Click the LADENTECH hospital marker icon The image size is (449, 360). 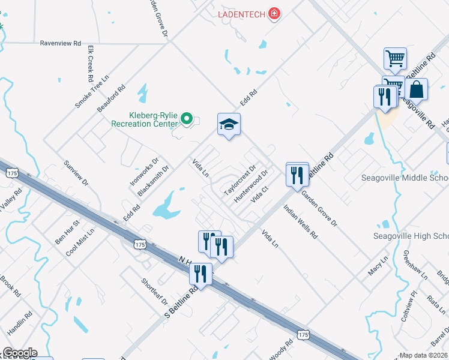pos(274,13)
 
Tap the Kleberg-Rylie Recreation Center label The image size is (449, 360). pos(145,119)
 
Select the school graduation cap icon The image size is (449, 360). pos(229,125)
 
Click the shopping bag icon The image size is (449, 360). pos(416,90)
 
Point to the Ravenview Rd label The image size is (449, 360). pos(60,43)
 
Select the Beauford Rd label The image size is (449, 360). pos(111,98)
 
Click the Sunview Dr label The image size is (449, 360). pos(76,173)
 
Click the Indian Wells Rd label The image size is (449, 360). pos(300,223)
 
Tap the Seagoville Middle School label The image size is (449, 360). pos(405,178)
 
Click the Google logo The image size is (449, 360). pos(20,353)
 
